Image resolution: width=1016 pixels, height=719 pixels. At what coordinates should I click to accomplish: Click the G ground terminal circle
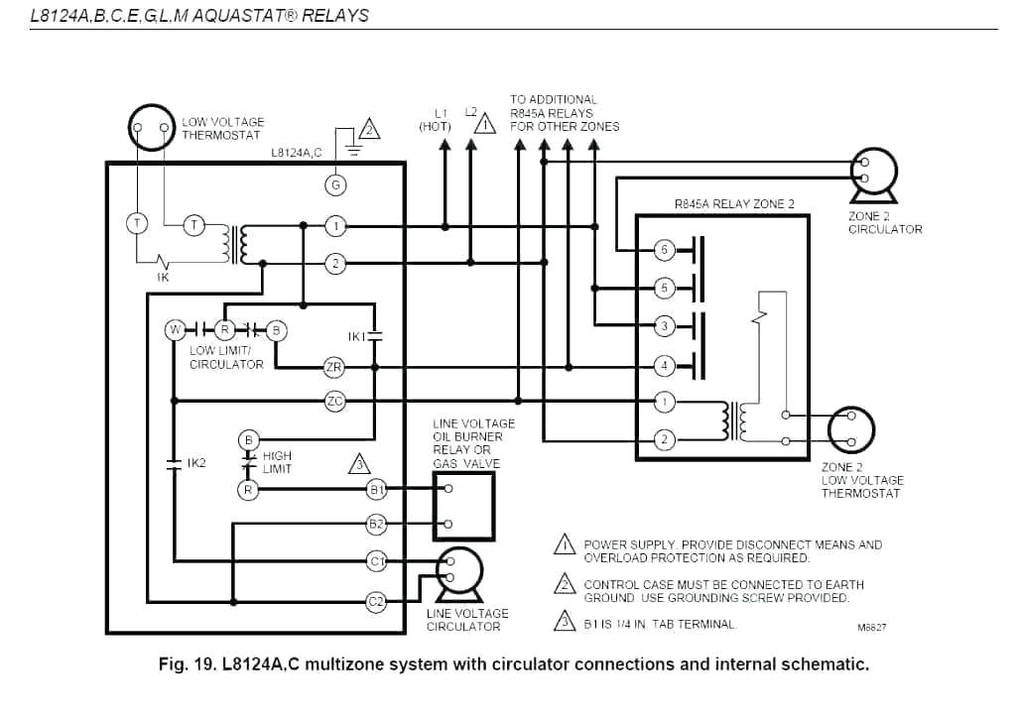pyautogui.click(x=335, y=183)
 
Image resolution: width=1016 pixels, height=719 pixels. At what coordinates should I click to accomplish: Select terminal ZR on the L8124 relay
pyautogui.click(x=334, y=368)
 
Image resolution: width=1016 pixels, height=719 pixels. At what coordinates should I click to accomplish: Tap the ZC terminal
pyautogui.click(x=334, y=401)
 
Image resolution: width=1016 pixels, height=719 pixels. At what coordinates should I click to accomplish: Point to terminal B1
pyautogui.click(x=376, y=489)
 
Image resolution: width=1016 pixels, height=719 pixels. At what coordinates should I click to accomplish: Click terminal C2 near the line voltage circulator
pyautogui.click(x=376, y=601)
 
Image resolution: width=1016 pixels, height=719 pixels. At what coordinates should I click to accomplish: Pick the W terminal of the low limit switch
pyautogui.click(x=175, y=329)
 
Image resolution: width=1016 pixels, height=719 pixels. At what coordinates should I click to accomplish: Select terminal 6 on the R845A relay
pyautogui.click(x=666, y=249)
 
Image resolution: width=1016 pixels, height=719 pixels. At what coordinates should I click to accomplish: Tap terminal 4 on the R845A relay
pyautogui.click(x=666, y=366)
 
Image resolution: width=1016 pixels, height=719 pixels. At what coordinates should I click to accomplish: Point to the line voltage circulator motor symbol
pyautogui.click(x=458, y=569)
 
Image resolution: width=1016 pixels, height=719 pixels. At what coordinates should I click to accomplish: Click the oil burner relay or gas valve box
pyautogui.click(x=464, y=506)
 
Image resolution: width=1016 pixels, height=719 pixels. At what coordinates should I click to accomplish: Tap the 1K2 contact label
pyautogui.click(x=195, y=463)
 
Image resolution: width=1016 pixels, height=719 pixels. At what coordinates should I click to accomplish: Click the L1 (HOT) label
pyautogui.click(x=436, y=120)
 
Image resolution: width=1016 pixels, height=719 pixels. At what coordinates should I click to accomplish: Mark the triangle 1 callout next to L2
pyautogui.click(x=484, y=124)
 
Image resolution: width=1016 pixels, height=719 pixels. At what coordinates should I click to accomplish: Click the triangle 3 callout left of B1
pyautogui.click(x=359, y=463)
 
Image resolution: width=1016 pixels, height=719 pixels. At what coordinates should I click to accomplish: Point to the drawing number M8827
pyautogui.click(x=871, y=627)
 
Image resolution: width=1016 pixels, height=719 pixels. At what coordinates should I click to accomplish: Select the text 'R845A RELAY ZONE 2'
pyautogui.click(x=734, y=204)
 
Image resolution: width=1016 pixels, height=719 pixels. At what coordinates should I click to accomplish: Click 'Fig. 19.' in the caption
pyautogui.click(x=190, y=664)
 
